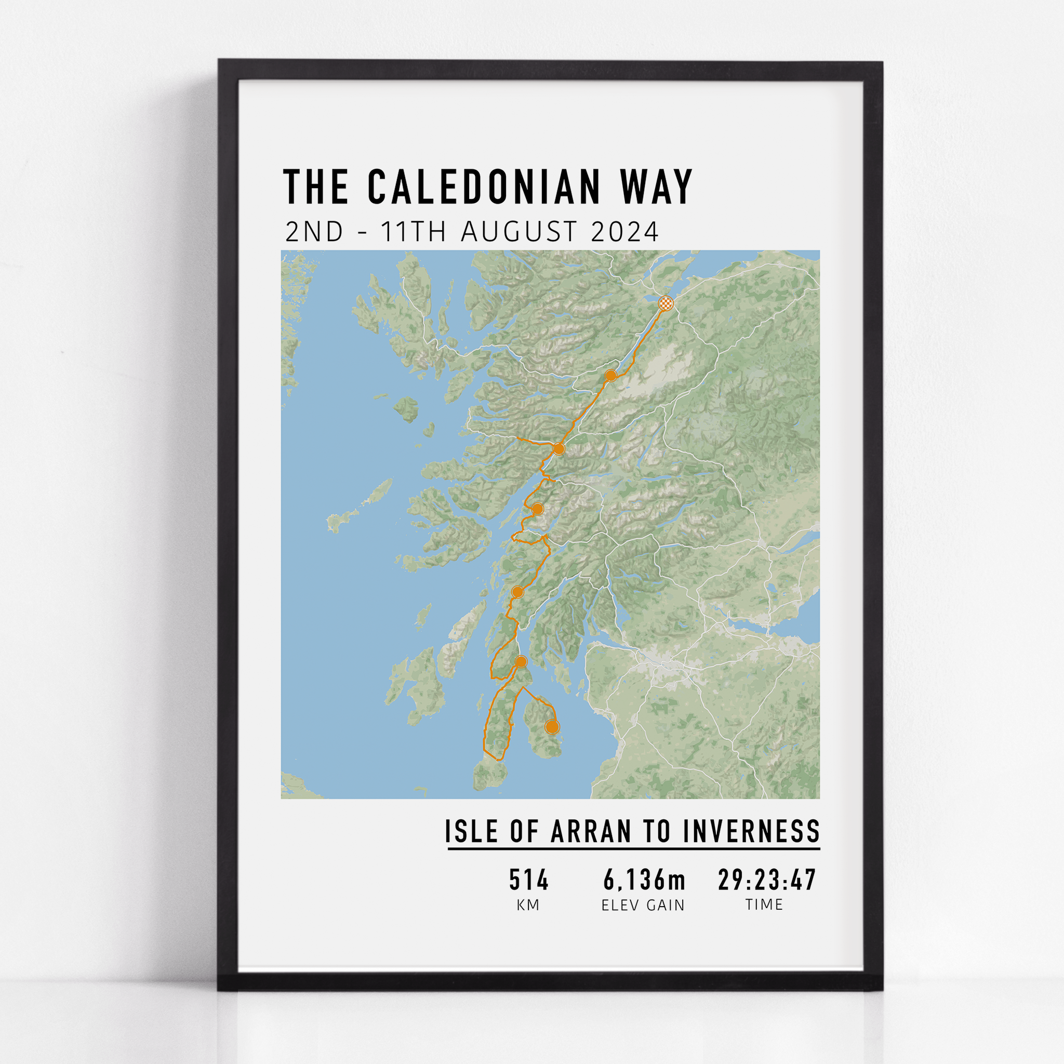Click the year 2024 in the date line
click(x=624, y=232)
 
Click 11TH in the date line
click(x=413, y=232)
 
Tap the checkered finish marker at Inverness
click(x=667, y=303)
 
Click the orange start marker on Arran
click(x=552, y=727)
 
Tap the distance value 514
click(x=529, y=880)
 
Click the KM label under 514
click(x=528, y=905)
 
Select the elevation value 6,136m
click(x=644, y=880)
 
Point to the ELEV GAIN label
click(x=643, y=905)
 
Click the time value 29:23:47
click(x=767, y=880)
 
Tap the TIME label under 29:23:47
click(x=764, y=905)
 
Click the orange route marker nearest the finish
click(x=610, y=376)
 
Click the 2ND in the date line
click(x=314, y=232)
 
